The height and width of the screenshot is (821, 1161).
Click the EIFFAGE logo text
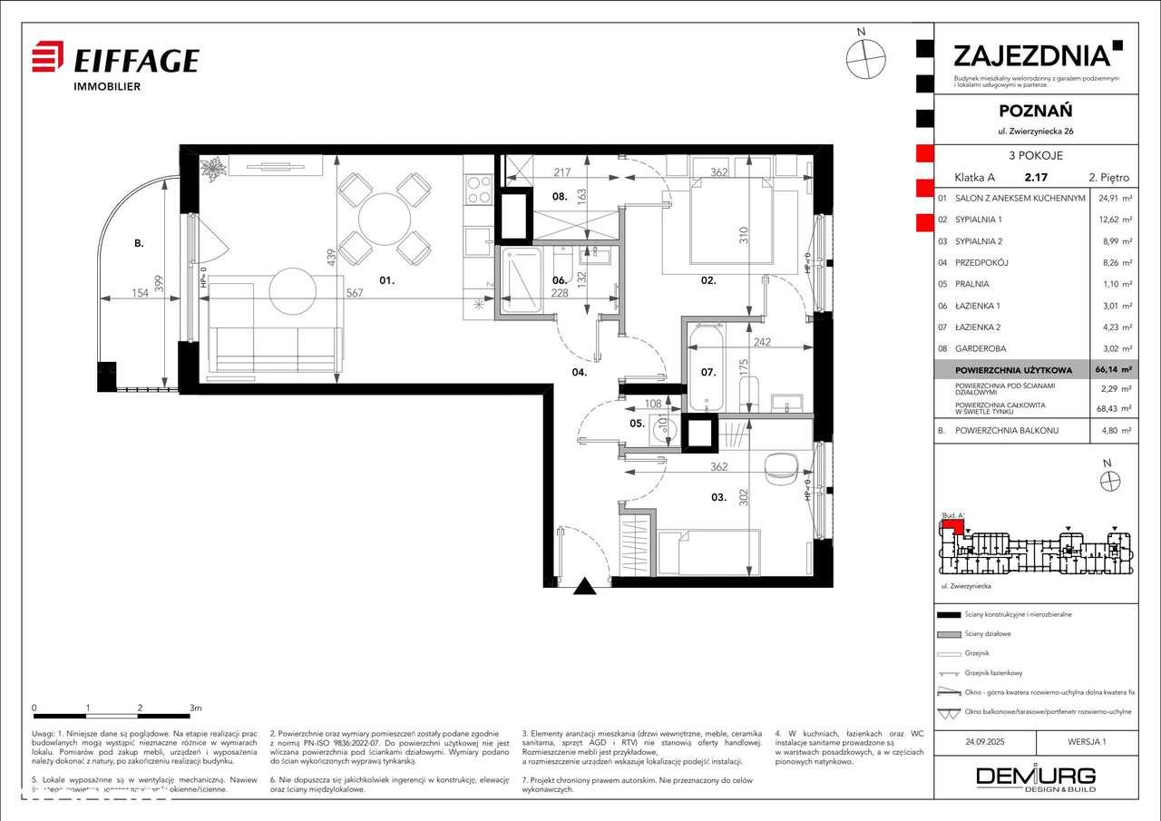[x=135, y=61]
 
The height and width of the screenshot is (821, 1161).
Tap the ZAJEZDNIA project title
[x=1031, y=55]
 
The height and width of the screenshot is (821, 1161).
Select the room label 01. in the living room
[x=386, y=281]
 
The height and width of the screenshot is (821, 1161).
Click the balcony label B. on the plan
[x=139, y=243]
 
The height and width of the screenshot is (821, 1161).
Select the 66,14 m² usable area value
[x=1113, y=370]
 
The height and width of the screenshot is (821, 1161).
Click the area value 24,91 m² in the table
[x=1113, y=198]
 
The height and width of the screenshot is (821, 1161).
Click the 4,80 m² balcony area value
[x=1113, y=431]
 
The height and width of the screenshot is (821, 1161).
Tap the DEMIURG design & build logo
[x=1035, y=778]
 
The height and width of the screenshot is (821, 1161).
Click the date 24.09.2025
[x=986, y=741]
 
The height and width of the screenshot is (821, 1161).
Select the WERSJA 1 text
[x=1087, y=741]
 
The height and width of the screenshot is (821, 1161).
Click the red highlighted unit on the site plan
[x=951, y=522]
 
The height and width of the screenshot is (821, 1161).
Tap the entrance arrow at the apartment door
[x=585, y=588]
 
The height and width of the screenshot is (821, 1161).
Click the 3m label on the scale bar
[x=195, y=707]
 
